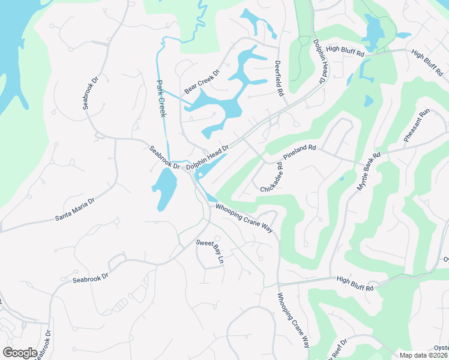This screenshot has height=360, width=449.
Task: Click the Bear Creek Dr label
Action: (202, 82)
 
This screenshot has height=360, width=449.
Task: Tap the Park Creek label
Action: (161, 98)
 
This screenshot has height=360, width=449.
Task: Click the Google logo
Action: (20, 353)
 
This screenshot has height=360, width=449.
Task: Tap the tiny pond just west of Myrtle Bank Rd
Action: (342, 178)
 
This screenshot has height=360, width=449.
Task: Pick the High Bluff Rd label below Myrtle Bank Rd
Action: (355, 283)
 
